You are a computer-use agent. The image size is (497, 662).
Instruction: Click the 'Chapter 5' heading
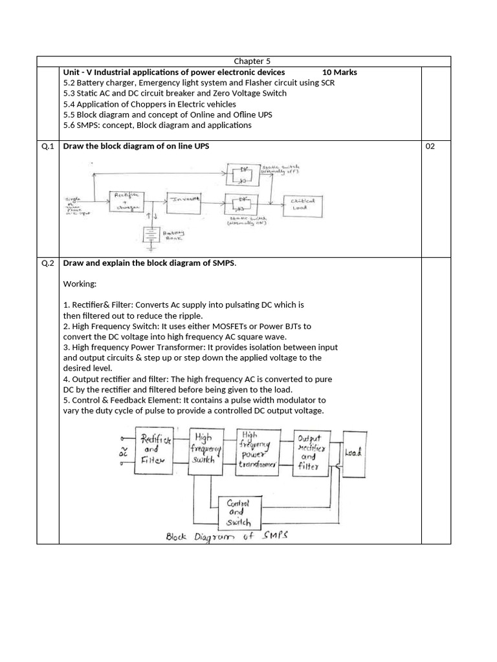243,61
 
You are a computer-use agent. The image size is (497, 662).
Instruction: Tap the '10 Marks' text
340,72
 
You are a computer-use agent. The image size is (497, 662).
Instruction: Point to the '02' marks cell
430,146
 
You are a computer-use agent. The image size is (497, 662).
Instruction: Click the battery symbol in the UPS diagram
151,235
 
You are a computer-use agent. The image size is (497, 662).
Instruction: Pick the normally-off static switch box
243,172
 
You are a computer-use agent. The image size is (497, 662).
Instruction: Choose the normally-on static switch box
243,202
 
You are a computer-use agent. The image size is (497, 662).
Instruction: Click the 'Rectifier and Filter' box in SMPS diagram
153,450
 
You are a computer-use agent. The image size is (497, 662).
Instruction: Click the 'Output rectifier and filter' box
311,453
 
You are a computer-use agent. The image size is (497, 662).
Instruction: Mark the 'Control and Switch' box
235,512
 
